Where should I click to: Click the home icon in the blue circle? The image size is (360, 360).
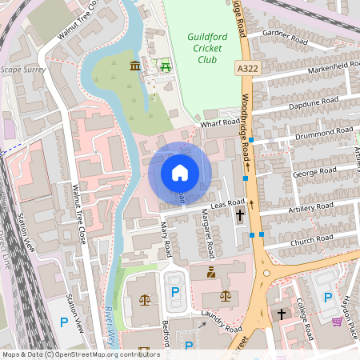(180, 172)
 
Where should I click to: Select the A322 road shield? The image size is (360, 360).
(248, 70)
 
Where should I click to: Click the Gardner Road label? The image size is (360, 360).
(290, 38)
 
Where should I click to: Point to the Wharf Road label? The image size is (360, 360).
(220, 123)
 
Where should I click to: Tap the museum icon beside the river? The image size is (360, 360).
(134, 66)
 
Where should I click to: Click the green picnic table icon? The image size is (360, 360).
(166, 66)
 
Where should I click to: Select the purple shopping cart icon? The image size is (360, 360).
(338, 322)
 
